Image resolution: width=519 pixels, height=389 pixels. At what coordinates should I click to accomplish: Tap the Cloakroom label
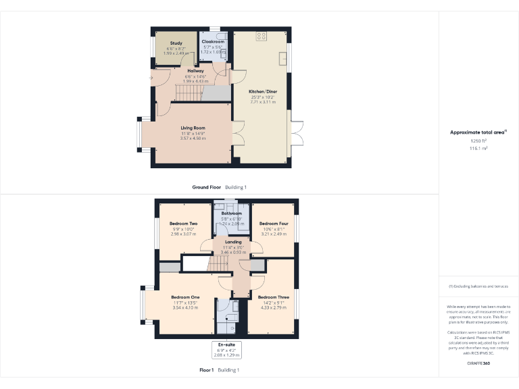[213, 42]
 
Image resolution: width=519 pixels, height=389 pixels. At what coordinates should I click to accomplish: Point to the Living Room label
[193, 128]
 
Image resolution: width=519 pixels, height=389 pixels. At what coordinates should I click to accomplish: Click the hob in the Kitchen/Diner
[261, 37]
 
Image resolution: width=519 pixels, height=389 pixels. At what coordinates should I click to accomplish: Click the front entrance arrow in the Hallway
[151, 78]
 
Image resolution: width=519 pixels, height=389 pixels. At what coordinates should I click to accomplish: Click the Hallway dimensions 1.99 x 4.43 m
[195, 81]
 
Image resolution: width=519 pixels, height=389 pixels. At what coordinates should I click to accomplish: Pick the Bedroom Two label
[183, 224]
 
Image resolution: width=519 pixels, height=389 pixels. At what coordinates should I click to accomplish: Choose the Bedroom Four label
[274, 224]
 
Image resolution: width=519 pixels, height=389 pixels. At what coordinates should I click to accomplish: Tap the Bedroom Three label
[274, 297]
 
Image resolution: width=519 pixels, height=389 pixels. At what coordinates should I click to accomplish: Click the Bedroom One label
[185, 297]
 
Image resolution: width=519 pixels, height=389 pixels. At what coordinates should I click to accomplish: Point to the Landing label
[233, 242]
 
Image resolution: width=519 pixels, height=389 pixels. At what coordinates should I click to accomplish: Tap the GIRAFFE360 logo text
[478, 363]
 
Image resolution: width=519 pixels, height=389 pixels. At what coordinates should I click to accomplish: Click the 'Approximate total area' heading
[478, 132]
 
